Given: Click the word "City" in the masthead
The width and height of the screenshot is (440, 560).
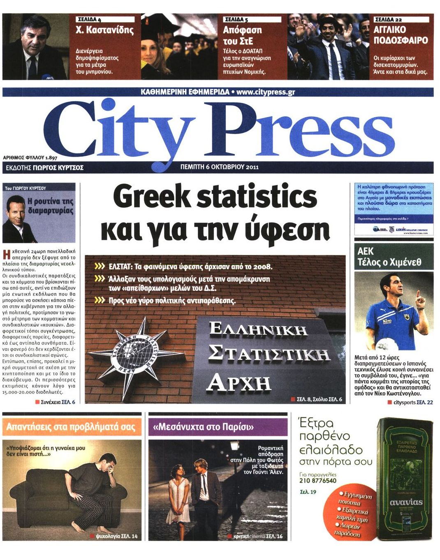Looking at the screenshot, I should click(x=119, y=130).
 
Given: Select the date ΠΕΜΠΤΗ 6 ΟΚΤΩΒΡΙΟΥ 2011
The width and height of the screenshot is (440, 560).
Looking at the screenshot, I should click(x=220, y=167).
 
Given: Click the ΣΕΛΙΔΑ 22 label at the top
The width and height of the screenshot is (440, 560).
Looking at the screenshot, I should click(x=388, y=19).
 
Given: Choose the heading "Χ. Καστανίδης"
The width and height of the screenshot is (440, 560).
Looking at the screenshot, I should click(x=105, y=30).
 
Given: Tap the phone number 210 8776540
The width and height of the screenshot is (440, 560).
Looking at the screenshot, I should click(x=318, y=481).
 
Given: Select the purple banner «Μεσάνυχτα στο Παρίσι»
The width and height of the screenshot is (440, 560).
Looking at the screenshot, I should click(x=218, y=427).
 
